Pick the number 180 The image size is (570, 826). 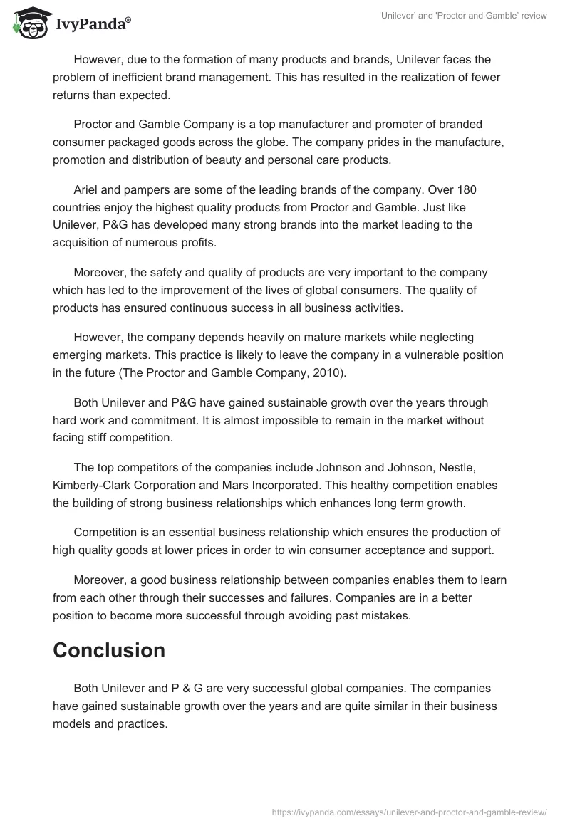(467, 190)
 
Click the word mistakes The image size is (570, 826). (385, 616)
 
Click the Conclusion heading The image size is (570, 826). (109, 649)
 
